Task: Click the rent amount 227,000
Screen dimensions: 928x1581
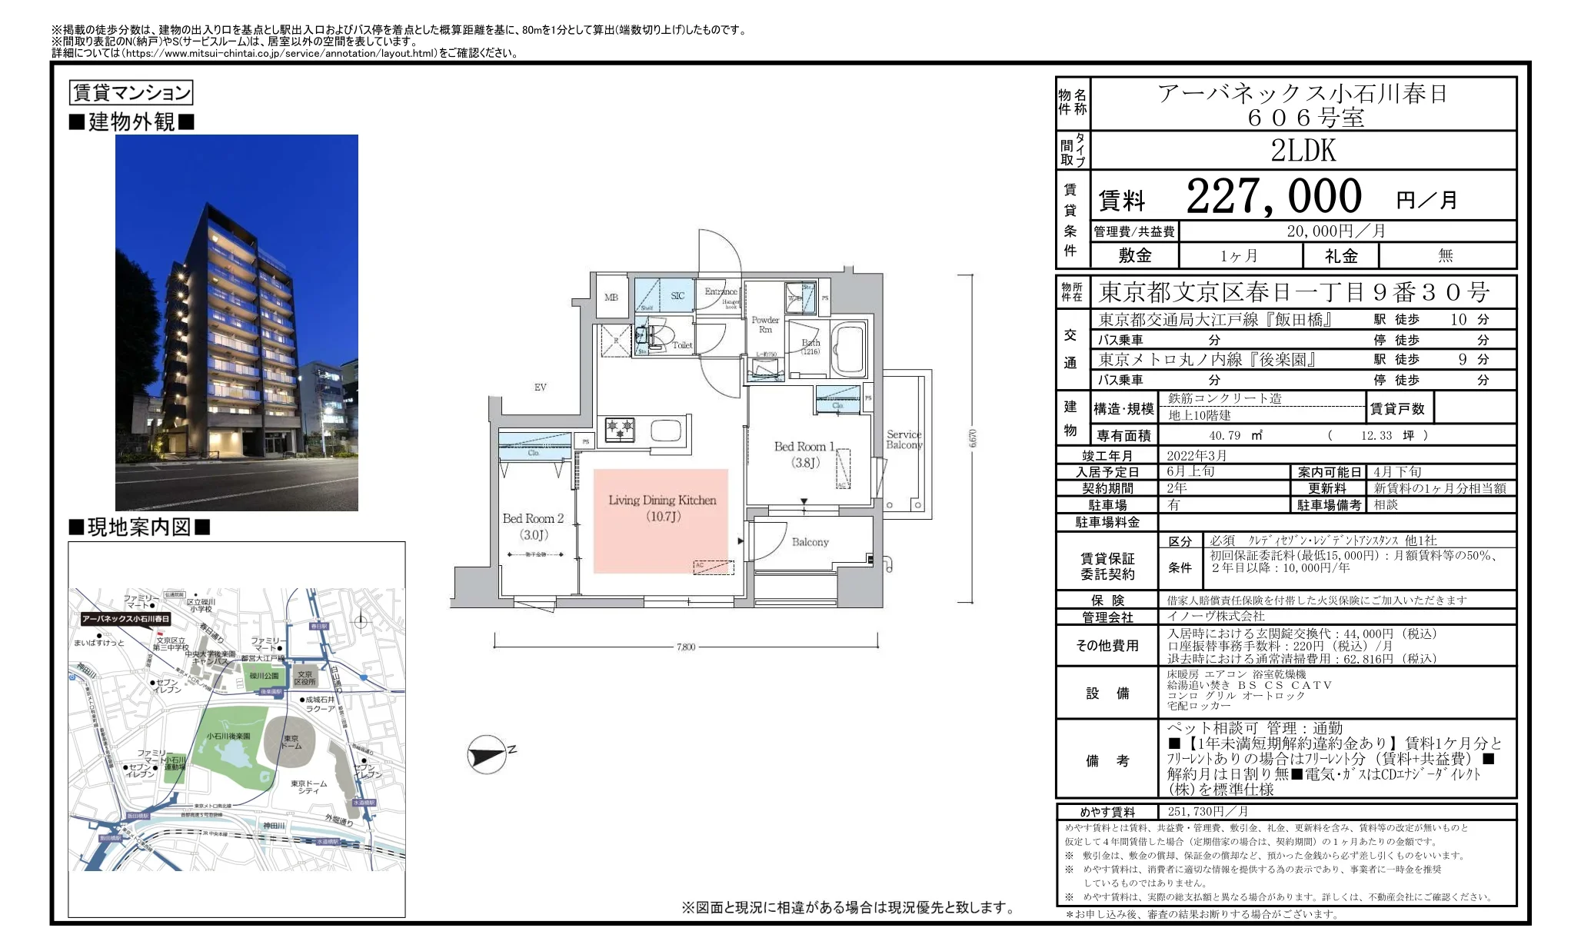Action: coord(1273,196)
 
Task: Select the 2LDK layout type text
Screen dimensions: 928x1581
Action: coord(1303,151)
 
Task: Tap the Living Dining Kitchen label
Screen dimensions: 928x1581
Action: coord(661,507)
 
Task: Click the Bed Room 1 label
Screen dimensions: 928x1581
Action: coord(804,454)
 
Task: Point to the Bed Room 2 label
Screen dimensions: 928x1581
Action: coord(533,526)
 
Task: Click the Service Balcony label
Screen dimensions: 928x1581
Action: coord(904,440)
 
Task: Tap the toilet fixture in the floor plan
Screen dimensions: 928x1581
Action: coord(661,337)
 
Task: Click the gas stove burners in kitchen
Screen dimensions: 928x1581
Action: coord(620,428)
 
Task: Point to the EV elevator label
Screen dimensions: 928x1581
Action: coord(540,387)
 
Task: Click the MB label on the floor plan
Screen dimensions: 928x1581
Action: coord(611,297)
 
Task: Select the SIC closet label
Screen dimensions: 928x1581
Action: coord(677,295)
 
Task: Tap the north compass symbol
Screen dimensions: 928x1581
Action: coord(488,754)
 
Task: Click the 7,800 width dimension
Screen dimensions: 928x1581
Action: coord(685,647)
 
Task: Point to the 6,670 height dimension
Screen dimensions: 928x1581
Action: coord(973,438)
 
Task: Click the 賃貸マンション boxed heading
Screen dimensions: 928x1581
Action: coord(131,93)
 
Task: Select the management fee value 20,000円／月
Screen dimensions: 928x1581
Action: coord(1336,231)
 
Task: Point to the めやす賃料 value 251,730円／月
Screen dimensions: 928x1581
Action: coord(1207,811)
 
